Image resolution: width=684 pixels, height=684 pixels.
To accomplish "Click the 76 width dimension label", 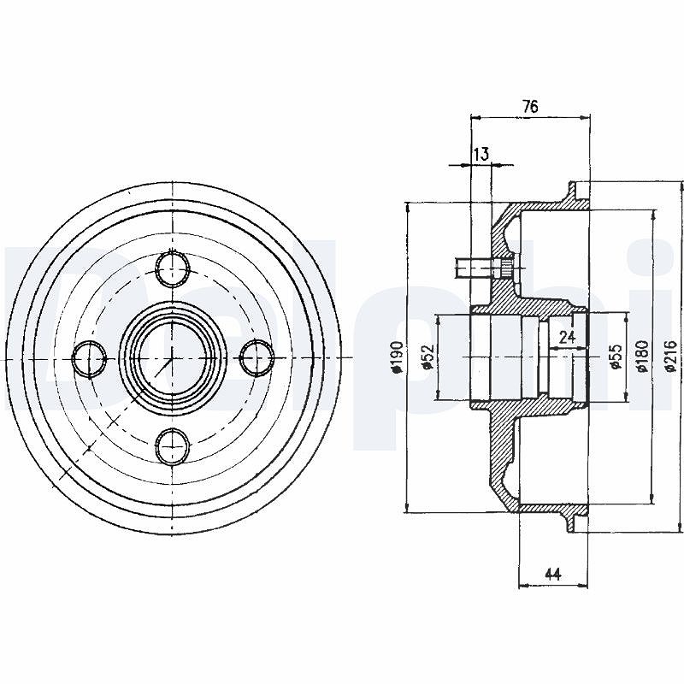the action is (530, 106).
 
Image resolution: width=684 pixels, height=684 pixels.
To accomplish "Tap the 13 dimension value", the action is (481, 154).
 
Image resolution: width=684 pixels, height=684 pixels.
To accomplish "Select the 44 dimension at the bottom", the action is (552, 575).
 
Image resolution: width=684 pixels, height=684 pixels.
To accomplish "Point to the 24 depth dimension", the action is (566, 337).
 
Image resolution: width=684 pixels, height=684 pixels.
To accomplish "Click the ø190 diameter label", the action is (397, 357).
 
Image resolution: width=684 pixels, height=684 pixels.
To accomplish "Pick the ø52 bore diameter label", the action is (428, 357).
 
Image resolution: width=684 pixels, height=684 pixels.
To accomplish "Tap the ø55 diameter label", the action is (616, 357).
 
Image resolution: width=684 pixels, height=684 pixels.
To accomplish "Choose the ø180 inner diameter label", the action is (643, 357).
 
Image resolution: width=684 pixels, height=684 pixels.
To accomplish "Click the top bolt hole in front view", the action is (174, 268).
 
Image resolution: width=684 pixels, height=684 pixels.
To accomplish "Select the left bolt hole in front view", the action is (90, 359).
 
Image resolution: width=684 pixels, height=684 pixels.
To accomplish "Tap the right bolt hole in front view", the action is (257, 358).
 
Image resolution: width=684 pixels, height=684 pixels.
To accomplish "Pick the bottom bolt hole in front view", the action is (174, 446).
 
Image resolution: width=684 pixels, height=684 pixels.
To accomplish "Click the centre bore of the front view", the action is (173, 358).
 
